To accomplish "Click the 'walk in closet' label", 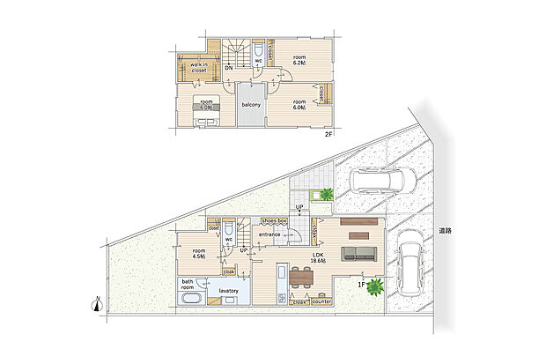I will pos(198,67).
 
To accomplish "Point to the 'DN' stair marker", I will pos(228,68).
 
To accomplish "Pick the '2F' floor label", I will pos(328,134).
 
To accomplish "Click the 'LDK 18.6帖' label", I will pos(318,257).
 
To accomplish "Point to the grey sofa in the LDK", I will pos(358,253).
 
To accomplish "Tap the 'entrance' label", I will pos(269,234).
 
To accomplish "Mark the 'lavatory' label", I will pos(231,290).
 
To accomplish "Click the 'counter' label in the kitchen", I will pos(321,301).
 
